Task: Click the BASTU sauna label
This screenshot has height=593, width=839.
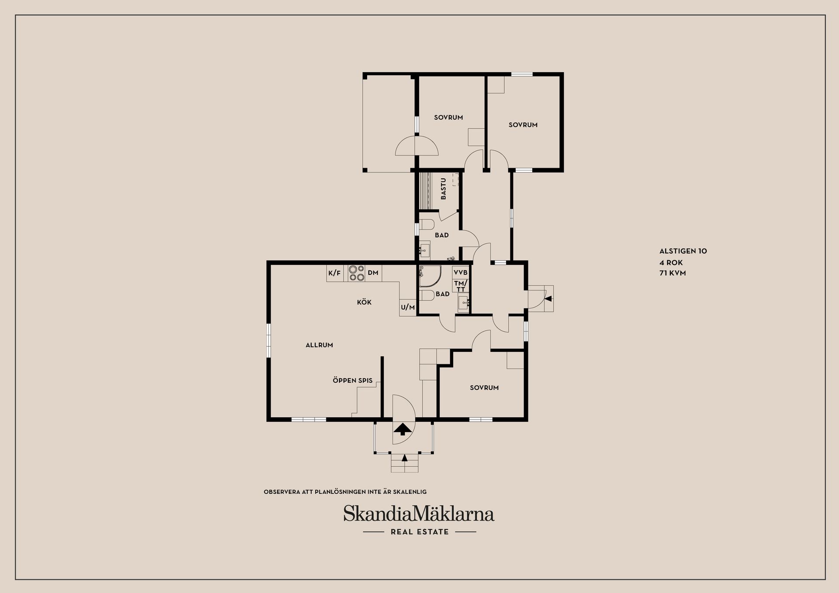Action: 444,189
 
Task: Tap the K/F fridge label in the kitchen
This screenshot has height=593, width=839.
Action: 334,273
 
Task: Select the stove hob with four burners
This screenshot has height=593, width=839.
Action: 357,273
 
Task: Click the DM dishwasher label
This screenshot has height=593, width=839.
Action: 373,273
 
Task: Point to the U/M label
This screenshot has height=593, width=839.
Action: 408,307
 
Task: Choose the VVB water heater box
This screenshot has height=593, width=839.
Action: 461,273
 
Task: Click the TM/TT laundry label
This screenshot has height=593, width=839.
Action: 461,286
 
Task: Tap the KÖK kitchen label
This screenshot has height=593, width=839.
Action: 364,302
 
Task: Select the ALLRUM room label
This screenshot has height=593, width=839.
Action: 319,345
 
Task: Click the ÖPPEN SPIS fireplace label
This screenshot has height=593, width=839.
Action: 353,381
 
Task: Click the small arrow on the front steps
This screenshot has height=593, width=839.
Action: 405,458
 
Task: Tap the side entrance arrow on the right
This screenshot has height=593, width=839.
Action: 548,299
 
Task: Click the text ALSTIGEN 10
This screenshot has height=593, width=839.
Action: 683,251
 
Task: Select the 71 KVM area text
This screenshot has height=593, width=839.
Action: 673,273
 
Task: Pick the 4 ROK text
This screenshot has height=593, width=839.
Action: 671,263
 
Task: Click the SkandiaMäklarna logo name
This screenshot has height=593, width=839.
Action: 419,514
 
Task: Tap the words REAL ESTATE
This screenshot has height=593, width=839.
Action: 419,532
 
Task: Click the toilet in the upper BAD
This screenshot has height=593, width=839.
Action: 427,225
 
